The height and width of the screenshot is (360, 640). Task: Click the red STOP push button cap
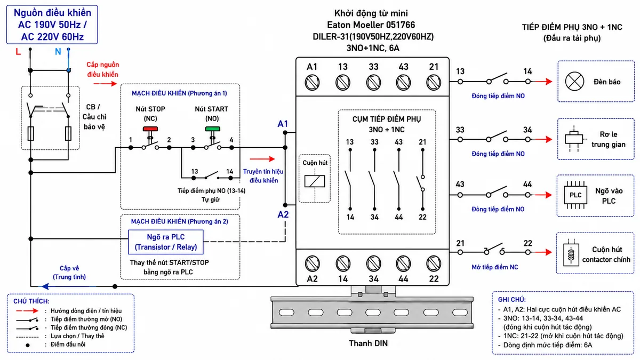[x=150, y=129]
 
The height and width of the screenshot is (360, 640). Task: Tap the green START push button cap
[x=213, y=129]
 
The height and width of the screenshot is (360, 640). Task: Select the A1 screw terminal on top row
[x=312, y=83]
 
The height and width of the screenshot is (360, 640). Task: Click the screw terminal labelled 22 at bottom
[x=434, y=263]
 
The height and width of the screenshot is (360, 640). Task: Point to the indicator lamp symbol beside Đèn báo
[x=574, y=82]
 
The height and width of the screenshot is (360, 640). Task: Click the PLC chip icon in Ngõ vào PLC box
[x=575, y=195]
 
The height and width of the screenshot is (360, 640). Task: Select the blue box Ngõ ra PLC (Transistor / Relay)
[x=166, y=242]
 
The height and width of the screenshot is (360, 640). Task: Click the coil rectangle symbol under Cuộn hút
[x=315, y=181]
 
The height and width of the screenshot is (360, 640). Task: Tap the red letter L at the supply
[x=18, y=52]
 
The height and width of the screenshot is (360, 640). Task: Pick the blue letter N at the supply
[x=58, y=52]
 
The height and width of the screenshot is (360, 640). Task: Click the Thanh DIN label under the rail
[x=369, y=343]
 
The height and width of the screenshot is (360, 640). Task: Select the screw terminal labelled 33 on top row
[x=373, y=83]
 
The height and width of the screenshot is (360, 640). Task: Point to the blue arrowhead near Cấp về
[x=45, y=286]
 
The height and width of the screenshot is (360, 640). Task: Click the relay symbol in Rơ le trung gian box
[x=574, y=139]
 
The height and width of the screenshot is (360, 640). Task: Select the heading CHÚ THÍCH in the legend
[x=31, y=301]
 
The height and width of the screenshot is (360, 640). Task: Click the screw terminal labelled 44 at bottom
[x=403, y=263]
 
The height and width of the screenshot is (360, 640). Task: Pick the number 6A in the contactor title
[x=394, y=48]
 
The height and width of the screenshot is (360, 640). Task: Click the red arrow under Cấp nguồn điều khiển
[x=105, y=84]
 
